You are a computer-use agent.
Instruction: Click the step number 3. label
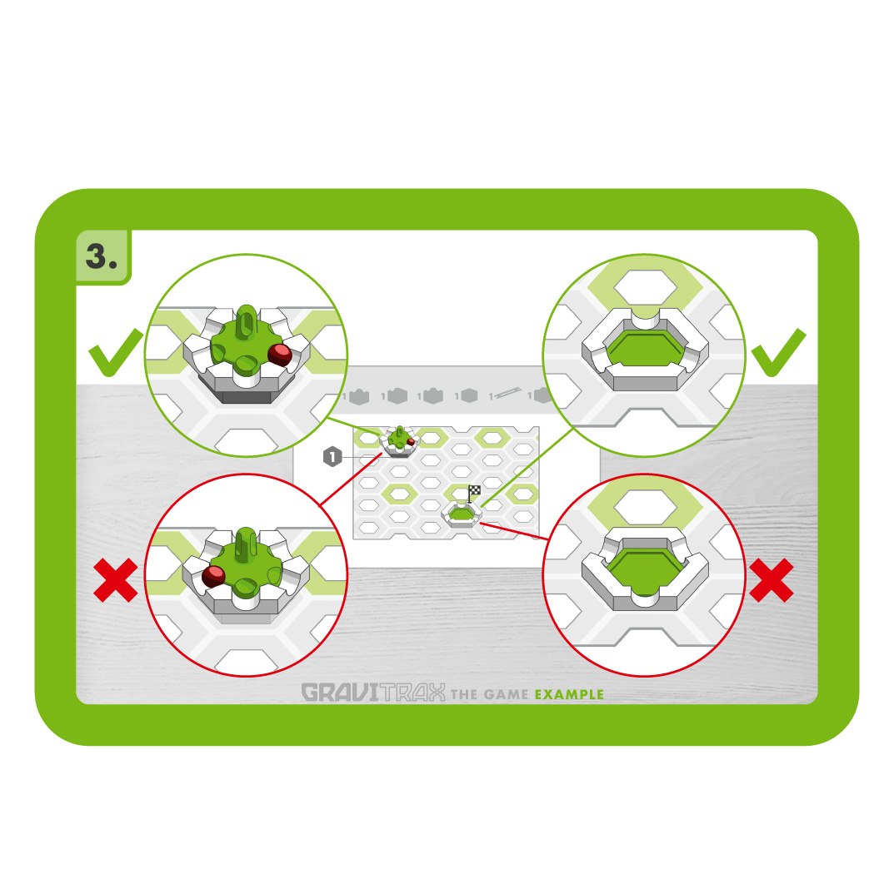click(102, 256)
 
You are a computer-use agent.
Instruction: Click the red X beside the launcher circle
click(115, 580)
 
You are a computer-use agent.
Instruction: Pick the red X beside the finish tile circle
click(772, 580)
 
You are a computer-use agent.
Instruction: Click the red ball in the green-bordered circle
click(280, 355)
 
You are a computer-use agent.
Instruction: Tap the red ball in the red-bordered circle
click(213, 576)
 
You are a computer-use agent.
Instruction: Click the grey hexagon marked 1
click(332, 457)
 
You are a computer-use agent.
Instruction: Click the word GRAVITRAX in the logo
click(373, 693)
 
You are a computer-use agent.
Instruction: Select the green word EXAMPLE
click(569, 694)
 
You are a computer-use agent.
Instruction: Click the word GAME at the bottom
click(506, 694)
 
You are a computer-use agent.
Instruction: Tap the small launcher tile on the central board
click(400, 441)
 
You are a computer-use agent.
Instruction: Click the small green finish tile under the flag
click(462, 514)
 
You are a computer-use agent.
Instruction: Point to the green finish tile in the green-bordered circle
click(645, 349)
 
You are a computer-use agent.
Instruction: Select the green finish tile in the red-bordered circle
click(645, 569)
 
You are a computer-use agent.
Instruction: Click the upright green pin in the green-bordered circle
click(246, 323)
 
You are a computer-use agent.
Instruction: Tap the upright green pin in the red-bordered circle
click(246, 544)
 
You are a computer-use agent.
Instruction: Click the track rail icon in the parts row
click(506, 394)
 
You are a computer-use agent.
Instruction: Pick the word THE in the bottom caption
click(464, 694)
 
